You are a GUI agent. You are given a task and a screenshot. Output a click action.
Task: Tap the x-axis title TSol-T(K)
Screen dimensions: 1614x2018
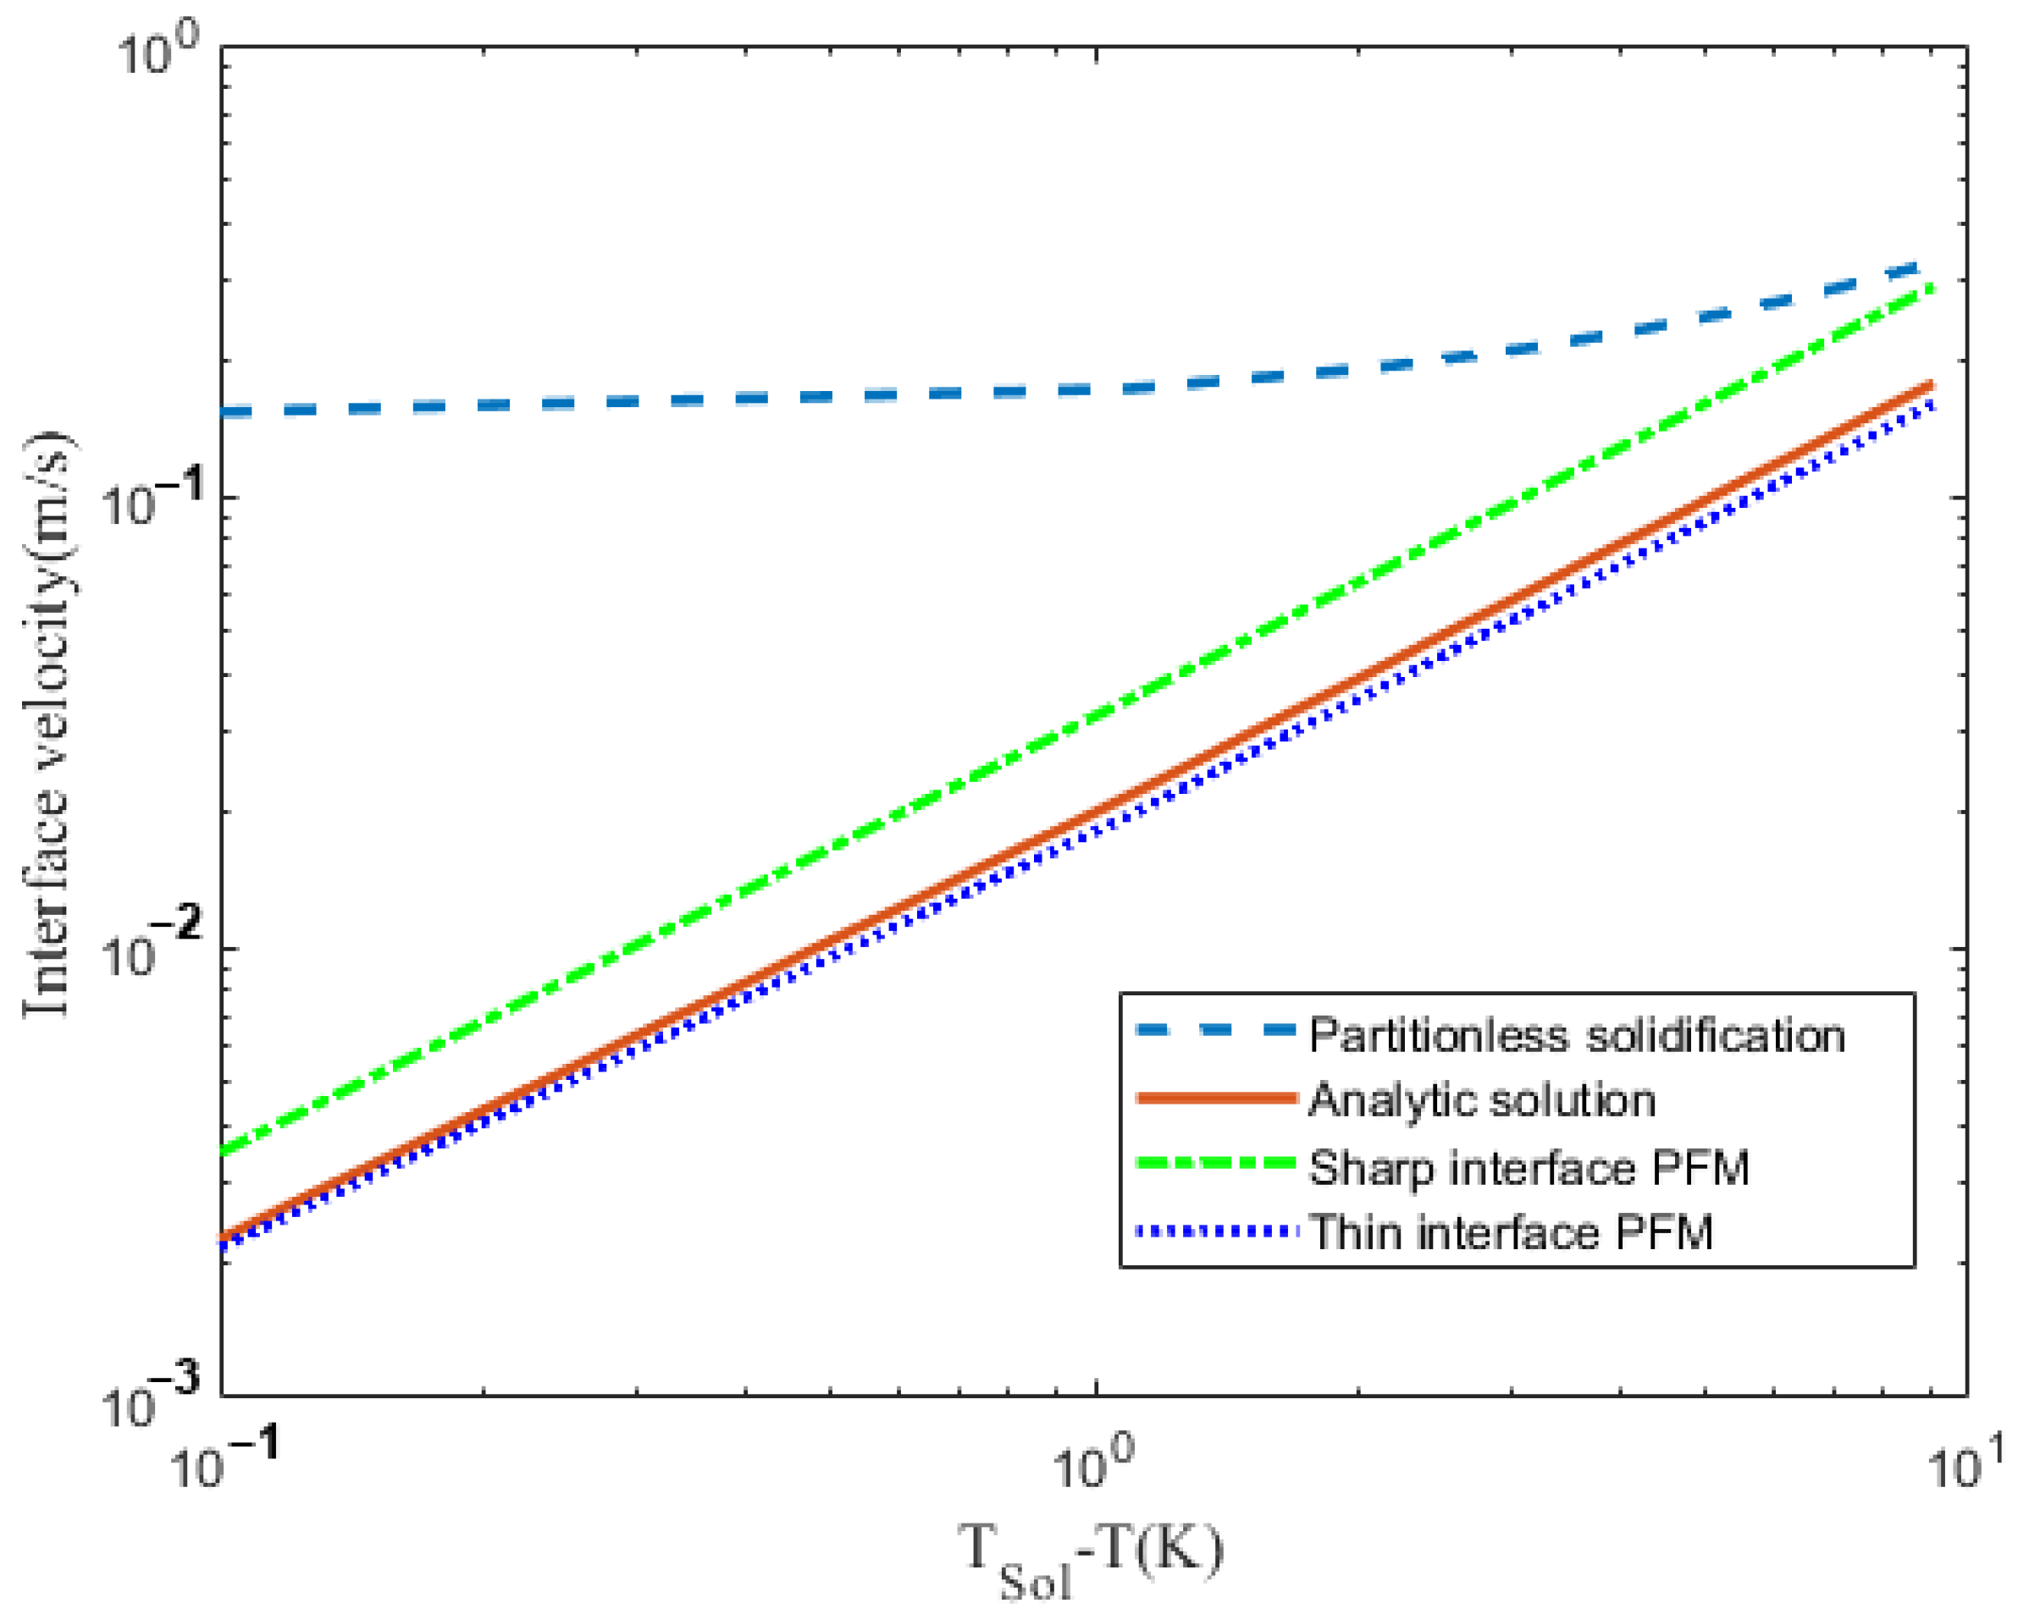tap(1091, 1557)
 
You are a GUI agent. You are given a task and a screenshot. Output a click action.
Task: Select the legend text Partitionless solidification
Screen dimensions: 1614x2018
tap(1577, 1036)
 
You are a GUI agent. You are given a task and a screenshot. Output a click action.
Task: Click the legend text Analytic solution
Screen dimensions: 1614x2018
tap(1482, 1100)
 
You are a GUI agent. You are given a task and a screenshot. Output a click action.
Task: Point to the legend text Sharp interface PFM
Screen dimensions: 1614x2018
tap(1529, 1168)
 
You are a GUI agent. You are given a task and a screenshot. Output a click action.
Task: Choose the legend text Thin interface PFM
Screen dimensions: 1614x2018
tap(1511, 1232)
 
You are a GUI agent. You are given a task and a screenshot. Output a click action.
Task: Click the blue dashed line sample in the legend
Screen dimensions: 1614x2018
tap(1217, 1031)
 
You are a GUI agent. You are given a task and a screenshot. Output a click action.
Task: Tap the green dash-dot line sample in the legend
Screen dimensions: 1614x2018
tap(1217, 1163)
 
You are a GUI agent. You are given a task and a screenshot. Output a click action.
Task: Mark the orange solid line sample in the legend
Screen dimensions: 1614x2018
tap(1217, 1098)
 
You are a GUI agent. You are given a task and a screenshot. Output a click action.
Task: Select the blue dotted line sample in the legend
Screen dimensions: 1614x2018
tap(1217, 1230)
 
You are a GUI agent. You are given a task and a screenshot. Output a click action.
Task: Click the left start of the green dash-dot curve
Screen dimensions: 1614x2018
tap(224, 1152)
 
